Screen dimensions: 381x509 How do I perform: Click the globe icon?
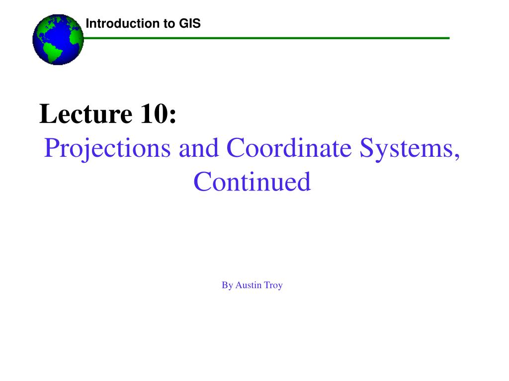(58, 40)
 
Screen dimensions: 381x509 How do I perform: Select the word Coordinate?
(291, 148)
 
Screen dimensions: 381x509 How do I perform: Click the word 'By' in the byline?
(227, 285)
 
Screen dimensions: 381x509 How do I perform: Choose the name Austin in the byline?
(249, 285)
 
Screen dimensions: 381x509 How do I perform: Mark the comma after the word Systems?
(456, 155)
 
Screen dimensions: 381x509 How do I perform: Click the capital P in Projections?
(50, 148)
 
